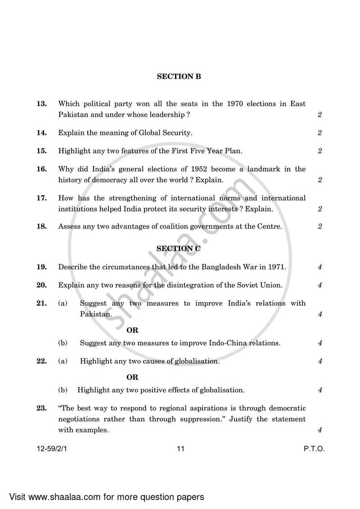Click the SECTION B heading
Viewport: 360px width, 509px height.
pyautogui.click(x=179, y=77)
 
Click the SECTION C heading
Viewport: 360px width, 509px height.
pyautogui.click(x=179, y=248)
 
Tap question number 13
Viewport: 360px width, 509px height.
pyautogui.click(x=42, y=104)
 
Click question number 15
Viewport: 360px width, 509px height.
pyautogui.click(x=42, y=151)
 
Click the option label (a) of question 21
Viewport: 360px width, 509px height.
pyautogui.click(x=63, y=303)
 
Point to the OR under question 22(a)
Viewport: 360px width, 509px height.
pyautogui.click(x=132, y=377)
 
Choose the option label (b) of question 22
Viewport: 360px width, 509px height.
pyautogui.click(x=63, y=390)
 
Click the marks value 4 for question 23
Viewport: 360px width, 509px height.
pyautogui.click(x=319, y=430)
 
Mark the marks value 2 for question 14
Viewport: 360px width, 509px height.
pyautogui.click(x=319, y=133)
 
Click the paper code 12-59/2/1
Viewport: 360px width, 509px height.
pyautogui.click(x=54, y=449)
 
